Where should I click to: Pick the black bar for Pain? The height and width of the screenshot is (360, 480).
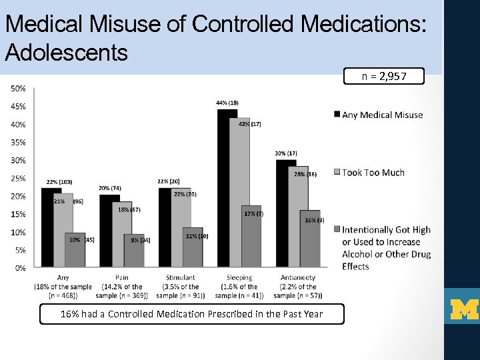click(x=109, y=231)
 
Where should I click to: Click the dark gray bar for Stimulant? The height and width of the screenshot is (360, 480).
click(x=193, y=247)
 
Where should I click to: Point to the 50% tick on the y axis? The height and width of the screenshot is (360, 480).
click(x=17, y=88)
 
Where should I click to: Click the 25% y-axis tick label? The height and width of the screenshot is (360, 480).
click(x=17, y=178)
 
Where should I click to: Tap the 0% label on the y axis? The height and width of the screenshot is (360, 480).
click(x=19, y=268)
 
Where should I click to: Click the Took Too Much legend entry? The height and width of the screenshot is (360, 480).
click(x=373, y=172)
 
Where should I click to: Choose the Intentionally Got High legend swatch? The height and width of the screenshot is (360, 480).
click(x=337, y=230)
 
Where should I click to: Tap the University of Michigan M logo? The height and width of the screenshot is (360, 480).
click(x=464, y=309)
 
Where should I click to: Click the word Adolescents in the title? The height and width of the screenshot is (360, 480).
click(x=66, y=51)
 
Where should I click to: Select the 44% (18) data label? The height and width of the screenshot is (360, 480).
click(x=227, y=103)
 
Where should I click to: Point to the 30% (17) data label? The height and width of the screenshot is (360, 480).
click(x=285, y=153)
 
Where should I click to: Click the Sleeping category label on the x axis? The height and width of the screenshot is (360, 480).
click(x=239, y=277)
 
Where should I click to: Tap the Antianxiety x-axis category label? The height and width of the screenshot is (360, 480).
click(x=297, y=277)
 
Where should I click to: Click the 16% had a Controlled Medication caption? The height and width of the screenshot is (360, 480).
click(x=192, y=314)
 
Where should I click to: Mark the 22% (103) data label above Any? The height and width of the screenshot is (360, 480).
click(x=59, y=181)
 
